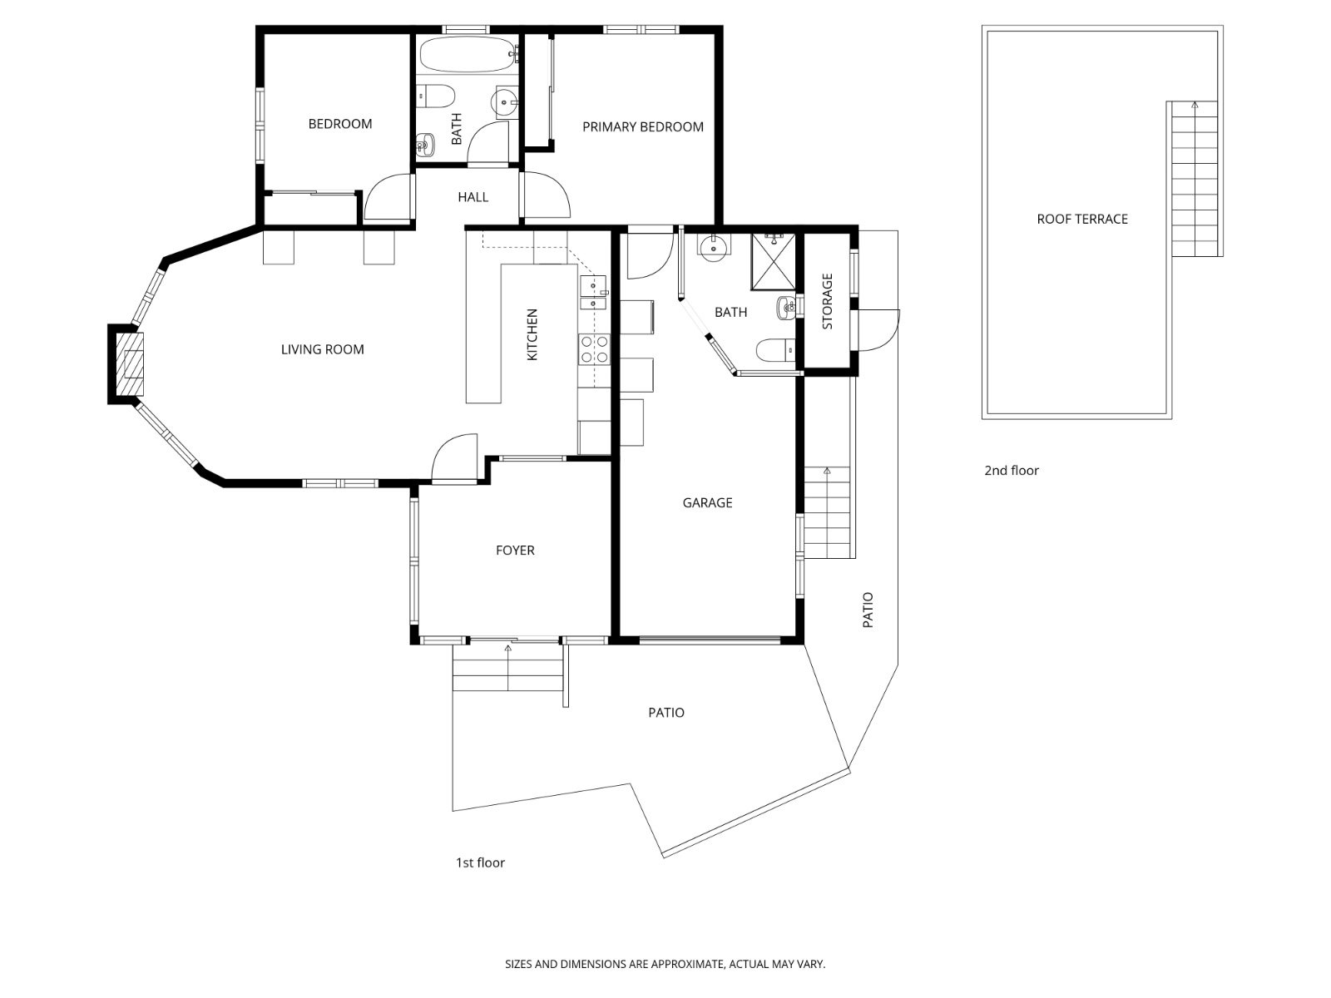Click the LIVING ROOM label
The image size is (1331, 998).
point(322,349)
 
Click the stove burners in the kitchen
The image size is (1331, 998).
point(594,348)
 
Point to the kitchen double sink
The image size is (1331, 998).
point(593,294)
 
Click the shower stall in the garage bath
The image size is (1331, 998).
point(773,262)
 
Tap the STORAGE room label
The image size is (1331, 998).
point(827,301)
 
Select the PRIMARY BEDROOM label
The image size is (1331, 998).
point(642,127)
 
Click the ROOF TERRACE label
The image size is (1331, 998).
point(1081,220)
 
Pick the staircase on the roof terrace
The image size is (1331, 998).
point(1195,179)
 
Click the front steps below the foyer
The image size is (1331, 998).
point(508,668)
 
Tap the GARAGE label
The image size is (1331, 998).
point(707,502)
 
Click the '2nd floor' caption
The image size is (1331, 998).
point(1011,471)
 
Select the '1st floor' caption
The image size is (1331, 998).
point(479,862)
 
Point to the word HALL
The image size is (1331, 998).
point(473,197)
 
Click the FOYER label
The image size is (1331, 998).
point(514,551)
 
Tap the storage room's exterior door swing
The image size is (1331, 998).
point(878,330)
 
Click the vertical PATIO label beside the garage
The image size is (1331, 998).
point(868,610)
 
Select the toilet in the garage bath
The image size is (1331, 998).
point(773,350)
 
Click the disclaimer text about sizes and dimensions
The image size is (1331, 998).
point(665,965)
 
